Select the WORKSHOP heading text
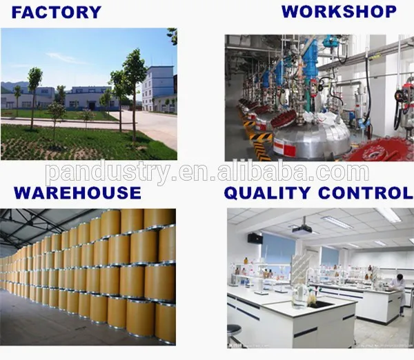point(339,12)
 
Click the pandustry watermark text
point(207,171)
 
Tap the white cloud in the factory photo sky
point(66,58)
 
